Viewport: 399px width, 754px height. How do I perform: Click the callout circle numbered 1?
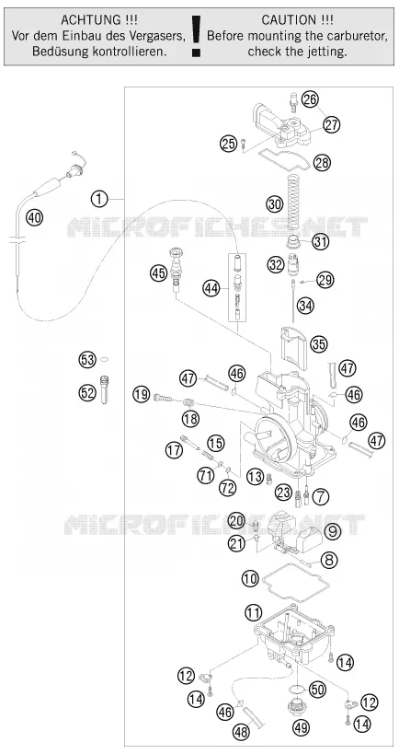tap(99, 199)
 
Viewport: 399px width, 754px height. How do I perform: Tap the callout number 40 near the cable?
tap(34, 218)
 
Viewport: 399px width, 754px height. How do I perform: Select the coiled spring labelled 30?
tap(293, 202)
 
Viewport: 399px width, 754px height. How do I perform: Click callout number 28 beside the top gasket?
tap(322, 163)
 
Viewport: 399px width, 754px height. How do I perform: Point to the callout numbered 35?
tap(318, 343)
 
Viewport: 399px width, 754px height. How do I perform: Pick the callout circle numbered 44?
tap(210, 288)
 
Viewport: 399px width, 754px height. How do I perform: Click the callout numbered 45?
tap(157, 273)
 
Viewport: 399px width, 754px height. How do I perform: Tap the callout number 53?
tap(87, 360)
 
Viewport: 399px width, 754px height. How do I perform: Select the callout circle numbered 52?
tap(87, 393)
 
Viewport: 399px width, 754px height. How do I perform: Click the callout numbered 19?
tap(142, 395)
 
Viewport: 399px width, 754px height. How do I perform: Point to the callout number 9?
tap(332, 531)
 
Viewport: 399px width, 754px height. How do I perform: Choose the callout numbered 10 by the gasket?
tap(250, 578)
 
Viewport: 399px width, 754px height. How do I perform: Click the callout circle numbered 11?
tap(254, 612)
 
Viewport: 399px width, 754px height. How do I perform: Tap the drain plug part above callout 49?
tap(294, 708)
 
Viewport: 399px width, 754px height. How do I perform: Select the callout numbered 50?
tap(317, 689)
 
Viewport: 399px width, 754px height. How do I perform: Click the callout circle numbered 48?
tap(242, 732)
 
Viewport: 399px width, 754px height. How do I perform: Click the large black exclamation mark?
tap(196, 36)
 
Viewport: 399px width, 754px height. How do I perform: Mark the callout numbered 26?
tap(310, 99)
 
